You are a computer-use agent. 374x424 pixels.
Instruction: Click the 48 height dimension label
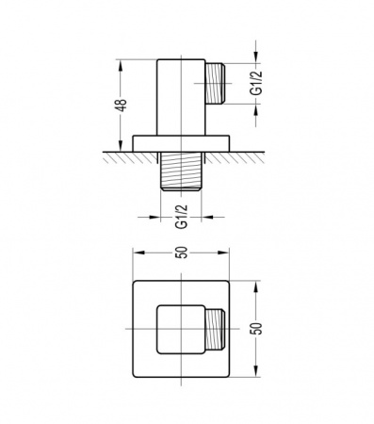pos(121,105)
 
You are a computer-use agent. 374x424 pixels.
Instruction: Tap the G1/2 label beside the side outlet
pos(255,83)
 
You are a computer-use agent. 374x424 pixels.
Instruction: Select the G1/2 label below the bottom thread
pos(181,217)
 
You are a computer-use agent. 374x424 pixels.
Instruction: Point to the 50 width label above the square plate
pos(182,253)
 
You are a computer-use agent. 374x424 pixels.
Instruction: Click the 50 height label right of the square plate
pos(257,329)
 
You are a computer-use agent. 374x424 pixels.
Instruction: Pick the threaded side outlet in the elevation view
pos(215,83)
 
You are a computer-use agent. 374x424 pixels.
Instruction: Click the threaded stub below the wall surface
pos(181,171)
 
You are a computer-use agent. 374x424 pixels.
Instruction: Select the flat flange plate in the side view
pos(181,143)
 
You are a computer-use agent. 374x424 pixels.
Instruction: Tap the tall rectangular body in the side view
pos(181,97)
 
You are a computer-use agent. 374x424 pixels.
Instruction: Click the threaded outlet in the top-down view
pos(215,329)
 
